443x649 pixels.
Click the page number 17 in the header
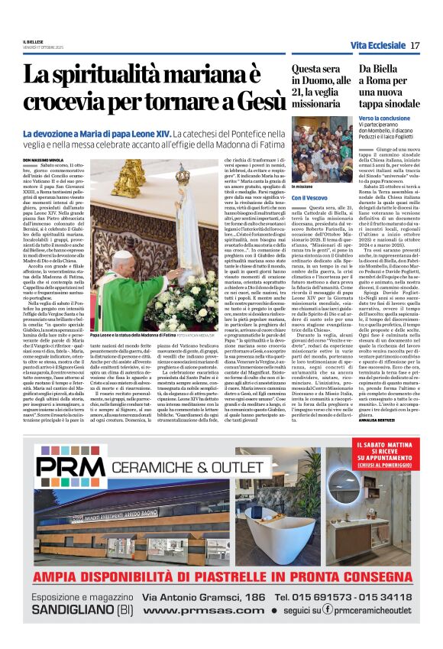point(415,46)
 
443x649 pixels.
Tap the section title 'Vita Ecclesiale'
point(377,46)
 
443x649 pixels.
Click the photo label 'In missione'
point(302,186)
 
